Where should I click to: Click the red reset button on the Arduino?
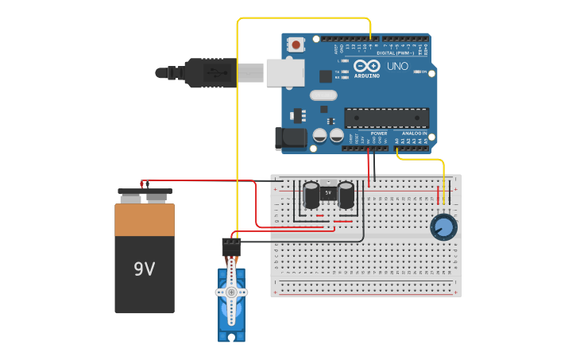coord(296,45)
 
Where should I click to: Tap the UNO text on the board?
coord(397,66)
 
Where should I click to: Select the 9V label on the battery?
coord(144,269)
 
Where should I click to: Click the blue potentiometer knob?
coord(444,227)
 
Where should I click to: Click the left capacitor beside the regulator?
coord(311,195)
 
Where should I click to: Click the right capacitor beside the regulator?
coord(346,195)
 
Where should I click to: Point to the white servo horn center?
coord(231,292)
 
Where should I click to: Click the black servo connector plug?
coord(231,247)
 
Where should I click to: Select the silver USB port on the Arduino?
coord(284,72)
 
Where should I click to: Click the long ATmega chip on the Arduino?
coord(386,118)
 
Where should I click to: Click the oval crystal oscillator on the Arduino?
coord(323,95)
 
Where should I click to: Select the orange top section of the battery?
coord(145,219)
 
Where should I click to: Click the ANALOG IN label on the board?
coord(414,133)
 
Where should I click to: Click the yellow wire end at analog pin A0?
coord(396,149)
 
